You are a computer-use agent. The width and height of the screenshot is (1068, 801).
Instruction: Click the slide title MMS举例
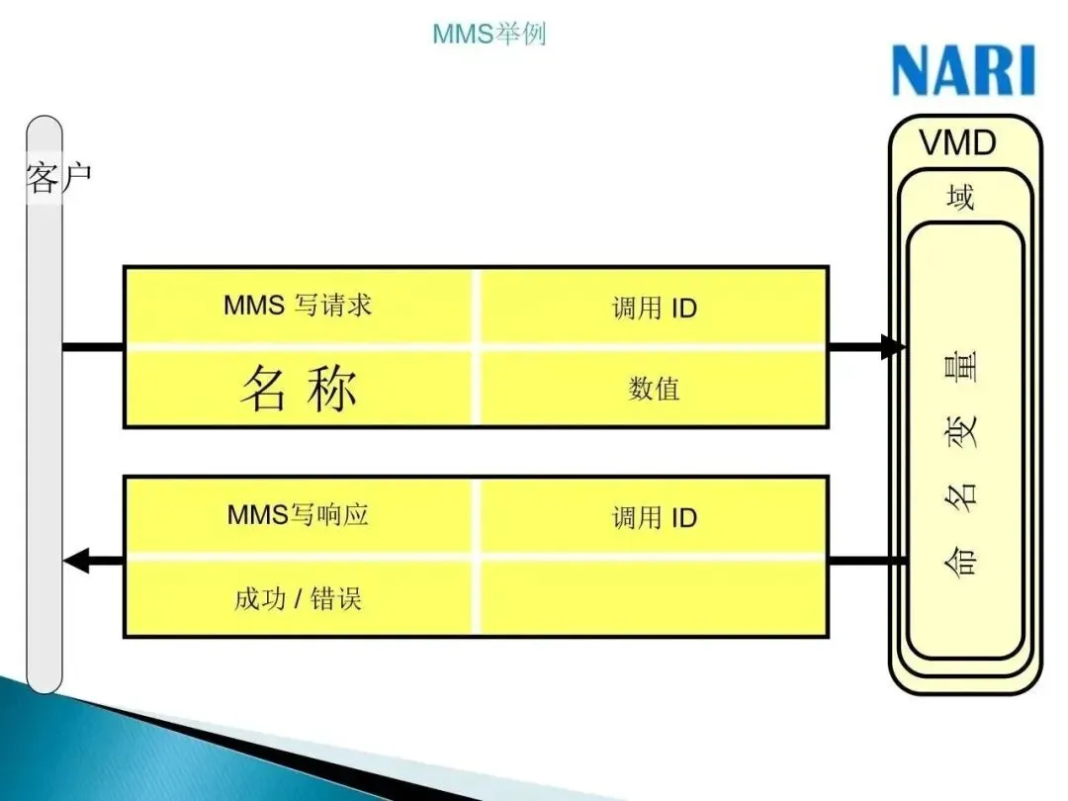(489, 35)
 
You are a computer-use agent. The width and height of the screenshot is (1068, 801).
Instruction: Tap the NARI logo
(962, 71)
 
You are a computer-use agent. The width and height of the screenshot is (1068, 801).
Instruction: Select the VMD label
(957, 143)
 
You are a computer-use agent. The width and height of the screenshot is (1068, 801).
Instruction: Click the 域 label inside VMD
(960, 198)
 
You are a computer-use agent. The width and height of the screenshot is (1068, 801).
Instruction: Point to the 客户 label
(58, 179)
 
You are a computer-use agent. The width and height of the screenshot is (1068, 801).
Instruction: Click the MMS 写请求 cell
(298, 305)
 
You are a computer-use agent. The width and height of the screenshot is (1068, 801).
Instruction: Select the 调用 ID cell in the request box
(654, 308)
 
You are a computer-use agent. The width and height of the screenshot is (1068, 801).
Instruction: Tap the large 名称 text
(298, 389)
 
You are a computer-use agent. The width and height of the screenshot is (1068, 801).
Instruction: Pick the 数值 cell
(654, 389)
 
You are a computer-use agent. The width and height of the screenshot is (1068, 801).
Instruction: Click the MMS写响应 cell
(298, 514)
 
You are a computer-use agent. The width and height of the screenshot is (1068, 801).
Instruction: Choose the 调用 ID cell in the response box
(654, 517)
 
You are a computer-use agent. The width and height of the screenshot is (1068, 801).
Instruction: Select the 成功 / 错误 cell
(298, 598)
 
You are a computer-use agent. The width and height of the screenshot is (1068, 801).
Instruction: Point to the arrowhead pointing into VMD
(893, 347)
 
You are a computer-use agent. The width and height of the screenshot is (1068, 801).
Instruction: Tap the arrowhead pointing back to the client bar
(75, 562)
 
